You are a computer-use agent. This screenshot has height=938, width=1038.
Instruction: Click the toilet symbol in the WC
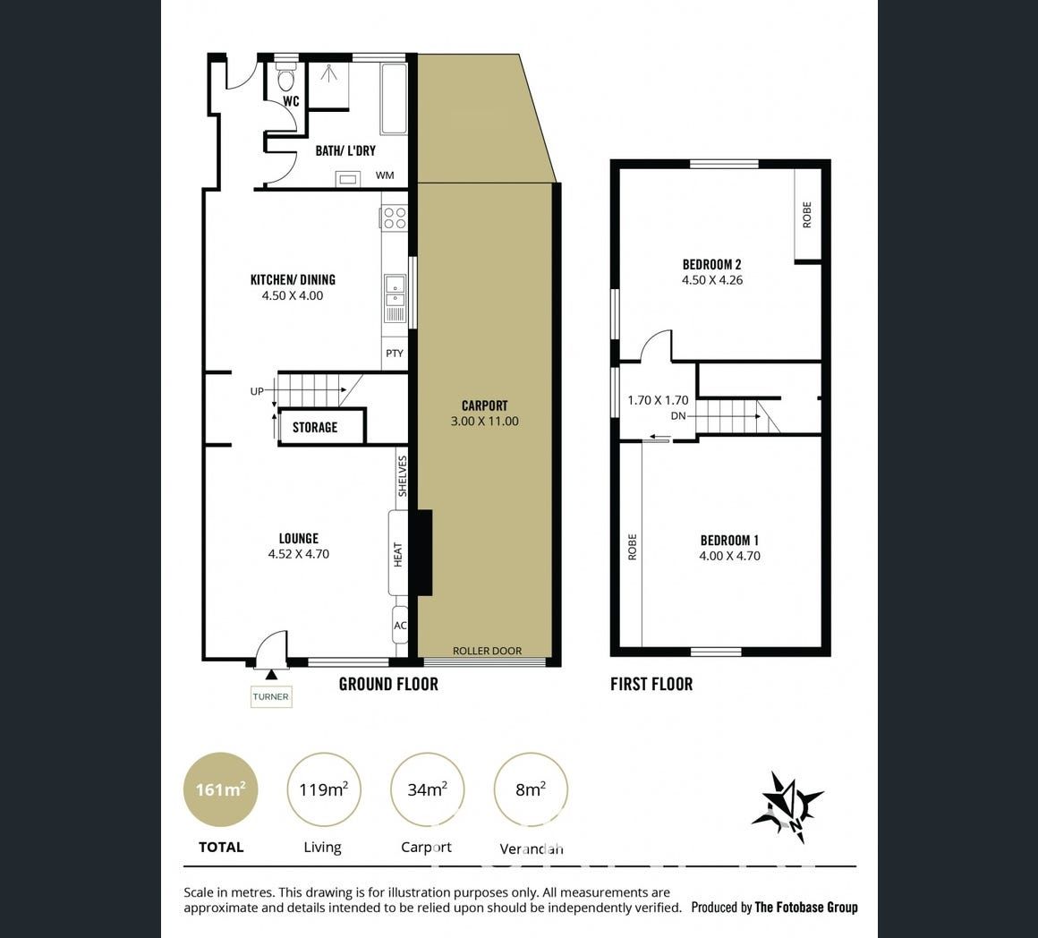coord(286,78)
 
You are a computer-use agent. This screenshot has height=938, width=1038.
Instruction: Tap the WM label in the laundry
coord(385,175)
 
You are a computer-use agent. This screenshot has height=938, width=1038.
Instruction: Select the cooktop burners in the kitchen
coord(395,217)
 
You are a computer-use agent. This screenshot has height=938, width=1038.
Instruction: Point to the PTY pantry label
coord(395,354)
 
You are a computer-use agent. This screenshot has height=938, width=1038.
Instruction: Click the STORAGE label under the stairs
coord(315,428)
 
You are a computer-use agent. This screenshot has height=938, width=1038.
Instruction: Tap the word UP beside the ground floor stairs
coord(257,391)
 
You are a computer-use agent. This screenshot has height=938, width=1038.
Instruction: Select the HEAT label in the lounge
coord(398,554)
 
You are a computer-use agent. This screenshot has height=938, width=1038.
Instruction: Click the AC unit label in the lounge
coord(401,626)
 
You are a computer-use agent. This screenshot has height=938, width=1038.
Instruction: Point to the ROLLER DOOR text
coord(487,651)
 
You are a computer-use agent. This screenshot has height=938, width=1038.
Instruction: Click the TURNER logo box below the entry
coord(271,696)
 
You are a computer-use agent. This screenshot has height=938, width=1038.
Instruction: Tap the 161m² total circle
coord(221,789)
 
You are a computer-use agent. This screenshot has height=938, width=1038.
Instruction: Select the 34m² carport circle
coord(427,789)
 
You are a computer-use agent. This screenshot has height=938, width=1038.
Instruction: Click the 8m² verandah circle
coord(531,789)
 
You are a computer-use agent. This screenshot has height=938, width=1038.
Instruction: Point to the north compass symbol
coord(787,807)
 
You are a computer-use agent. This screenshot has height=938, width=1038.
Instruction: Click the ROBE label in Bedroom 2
coord(807,215)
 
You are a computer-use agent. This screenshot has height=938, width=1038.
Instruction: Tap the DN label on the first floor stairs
coord(678,415)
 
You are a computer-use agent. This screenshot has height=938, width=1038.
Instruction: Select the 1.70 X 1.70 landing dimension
coord(658,400)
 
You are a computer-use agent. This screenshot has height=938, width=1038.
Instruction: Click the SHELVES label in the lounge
coord(403,476)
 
